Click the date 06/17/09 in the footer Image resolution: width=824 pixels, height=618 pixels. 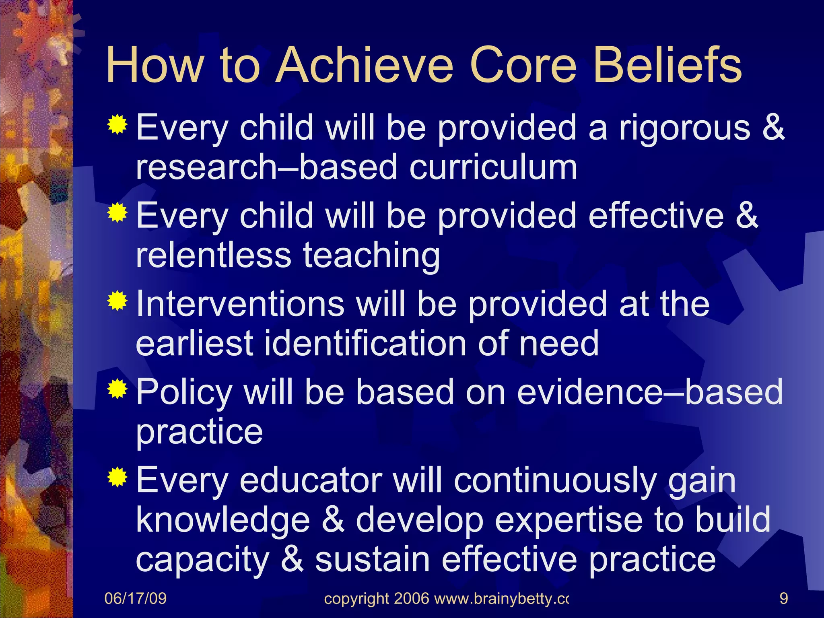pyautogui.click(x=135, y=599)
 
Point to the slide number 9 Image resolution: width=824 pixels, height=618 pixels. pyautogui.click(x=783, y=599)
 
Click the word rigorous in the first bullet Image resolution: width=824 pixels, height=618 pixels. pyautogui.click(x=684, y=128)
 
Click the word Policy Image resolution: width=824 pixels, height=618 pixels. pyautogui.click(x=184, y=392)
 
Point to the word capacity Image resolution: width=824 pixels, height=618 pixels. pyautogui.click(x=202, y=560)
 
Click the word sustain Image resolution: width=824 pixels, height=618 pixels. pyautogui.click(x=372, y=560)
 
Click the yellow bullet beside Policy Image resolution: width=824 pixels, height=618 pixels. pyautogui.click(x=117, y=389)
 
